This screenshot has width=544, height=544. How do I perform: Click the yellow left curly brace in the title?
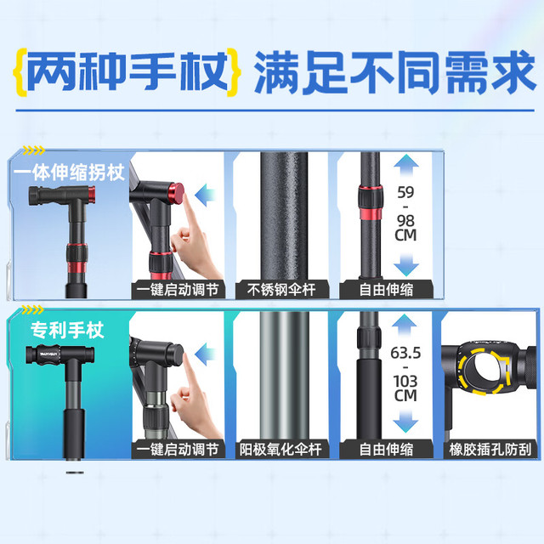20,71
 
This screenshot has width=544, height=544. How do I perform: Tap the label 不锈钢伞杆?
281,289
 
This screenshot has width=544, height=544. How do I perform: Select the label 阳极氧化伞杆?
280,450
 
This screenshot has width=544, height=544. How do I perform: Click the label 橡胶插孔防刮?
490,450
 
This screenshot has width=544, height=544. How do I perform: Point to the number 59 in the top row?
405,193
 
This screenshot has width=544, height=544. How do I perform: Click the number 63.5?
405,354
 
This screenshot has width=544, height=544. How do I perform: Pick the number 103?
405,382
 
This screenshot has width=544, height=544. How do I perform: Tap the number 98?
405,221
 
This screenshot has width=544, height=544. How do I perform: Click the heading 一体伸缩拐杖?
70,172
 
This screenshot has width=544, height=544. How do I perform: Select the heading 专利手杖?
67,330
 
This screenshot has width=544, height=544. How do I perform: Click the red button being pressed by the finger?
176,193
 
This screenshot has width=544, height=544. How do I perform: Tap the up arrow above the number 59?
406,166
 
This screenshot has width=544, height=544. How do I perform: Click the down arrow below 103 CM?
405,421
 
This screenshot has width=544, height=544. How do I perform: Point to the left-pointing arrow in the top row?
206,195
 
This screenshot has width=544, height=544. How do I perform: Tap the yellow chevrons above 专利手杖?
32,309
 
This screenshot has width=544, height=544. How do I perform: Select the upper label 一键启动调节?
178,289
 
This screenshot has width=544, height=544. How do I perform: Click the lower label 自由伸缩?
386,450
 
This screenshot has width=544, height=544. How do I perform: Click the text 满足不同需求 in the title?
395,72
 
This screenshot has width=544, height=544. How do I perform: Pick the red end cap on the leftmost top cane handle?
91,195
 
